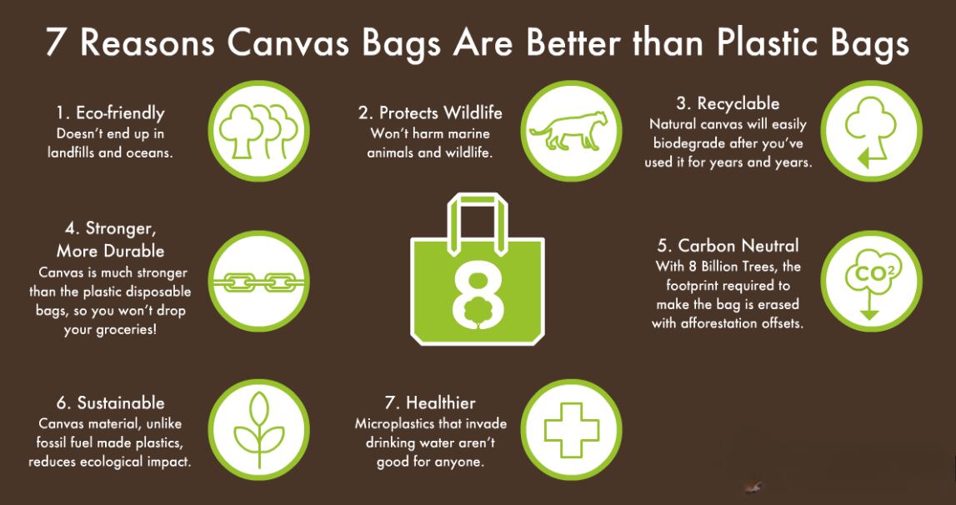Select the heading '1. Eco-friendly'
point(111,112)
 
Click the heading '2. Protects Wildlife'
point(430,112)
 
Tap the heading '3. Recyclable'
point(728,104)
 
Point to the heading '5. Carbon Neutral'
point(728,246)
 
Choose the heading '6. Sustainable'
point(111,403)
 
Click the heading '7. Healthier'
point(430,403)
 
